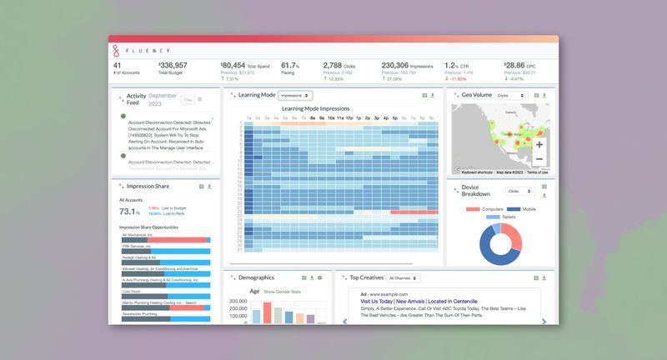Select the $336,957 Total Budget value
click(173, 66)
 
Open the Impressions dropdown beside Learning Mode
click(295, 96)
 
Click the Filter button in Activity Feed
click(188, 100)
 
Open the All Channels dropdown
click(404, 277)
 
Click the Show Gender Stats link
click(281, 292)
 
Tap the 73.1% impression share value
click(129, 212)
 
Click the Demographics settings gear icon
click(319, 277)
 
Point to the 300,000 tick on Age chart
click(236, 302)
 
